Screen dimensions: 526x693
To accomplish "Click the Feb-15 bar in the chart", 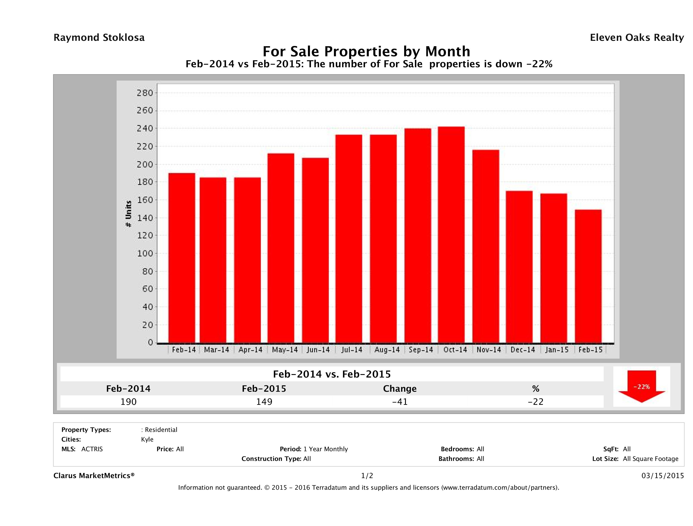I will tap(588, 276).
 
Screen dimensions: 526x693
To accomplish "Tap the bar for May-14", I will tap(281, 248).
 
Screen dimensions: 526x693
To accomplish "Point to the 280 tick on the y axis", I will tap(145, 93).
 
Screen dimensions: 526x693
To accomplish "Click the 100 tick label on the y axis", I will tap(145, 253).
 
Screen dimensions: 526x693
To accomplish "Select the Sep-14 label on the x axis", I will tap(421, 350).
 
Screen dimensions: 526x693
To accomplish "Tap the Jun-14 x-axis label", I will tap(318, 350).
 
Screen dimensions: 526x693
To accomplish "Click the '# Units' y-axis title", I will tap(128, 214).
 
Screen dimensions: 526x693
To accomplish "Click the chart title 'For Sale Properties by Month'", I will tap(366, 51).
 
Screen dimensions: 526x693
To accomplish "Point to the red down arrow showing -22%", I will tap(641, 386).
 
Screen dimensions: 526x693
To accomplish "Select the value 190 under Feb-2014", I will tap(128, 402).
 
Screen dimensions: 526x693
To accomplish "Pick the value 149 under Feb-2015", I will tap(264, 402).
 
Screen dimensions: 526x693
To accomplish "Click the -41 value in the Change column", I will tap(400, 402).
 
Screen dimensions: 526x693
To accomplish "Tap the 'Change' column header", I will tap(400, 389).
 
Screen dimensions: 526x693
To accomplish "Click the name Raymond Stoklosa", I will tap(99, 38).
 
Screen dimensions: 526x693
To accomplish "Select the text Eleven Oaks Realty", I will tap(637, 38).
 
